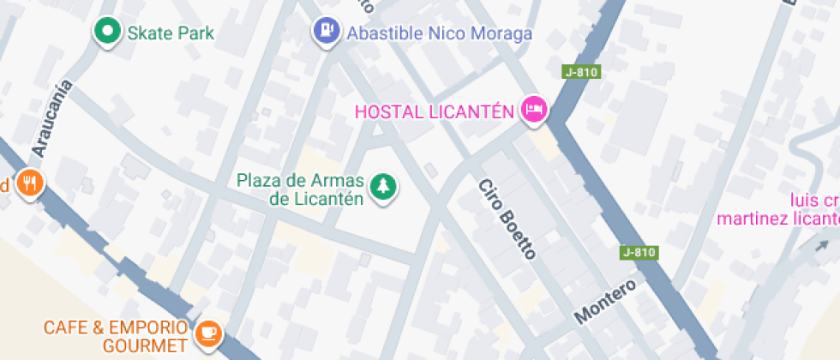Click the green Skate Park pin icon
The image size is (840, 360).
[107, 33]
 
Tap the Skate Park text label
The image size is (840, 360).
[171, 33]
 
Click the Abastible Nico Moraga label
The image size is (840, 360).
[439, 33]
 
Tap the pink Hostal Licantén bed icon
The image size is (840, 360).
[536, 109]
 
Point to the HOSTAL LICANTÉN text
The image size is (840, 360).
[434, 111]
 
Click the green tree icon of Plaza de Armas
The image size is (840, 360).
[382, 187]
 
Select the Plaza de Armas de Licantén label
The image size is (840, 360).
[300, 189]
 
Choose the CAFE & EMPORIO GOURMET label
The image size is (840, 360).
[115, 337]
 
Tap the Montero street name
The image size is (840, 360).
[605, 301]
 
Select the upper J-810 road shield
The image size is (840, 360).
[580, 73]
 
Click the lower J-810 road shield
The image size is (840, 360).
[639, 253]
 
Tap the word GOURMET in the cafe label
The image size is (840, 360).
[144, 346]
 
